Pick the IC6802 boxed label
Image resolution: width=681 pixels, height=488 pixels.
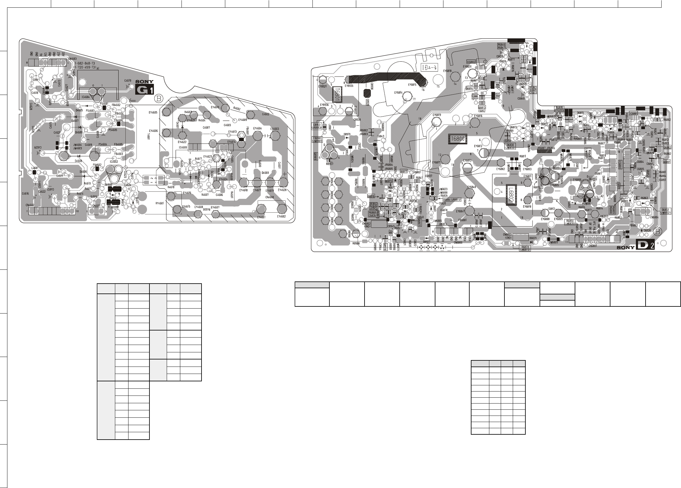(x=471, y=62)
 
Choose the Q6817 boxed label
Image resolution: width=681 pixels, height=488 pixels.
(x=404, y=171)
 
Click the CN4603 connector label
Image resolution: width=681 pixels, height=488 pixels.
(x=73, y=58)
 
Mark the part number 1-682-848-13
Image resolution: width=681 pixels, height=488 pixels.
(x=85, y=63)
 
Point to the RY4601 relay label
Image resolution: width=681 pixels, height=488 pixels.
(x=160, y=203)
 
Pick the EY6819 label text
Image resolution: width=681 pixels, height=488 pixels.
(x=436, y=115)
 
